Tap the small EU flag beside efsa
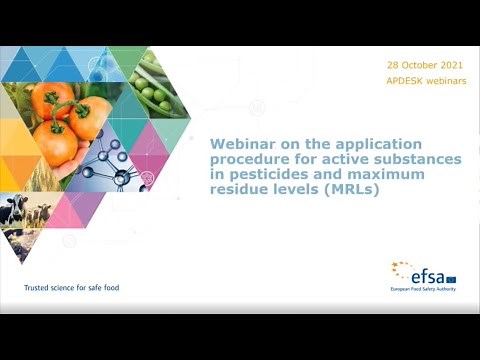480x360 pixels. [x=451, y=278]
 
